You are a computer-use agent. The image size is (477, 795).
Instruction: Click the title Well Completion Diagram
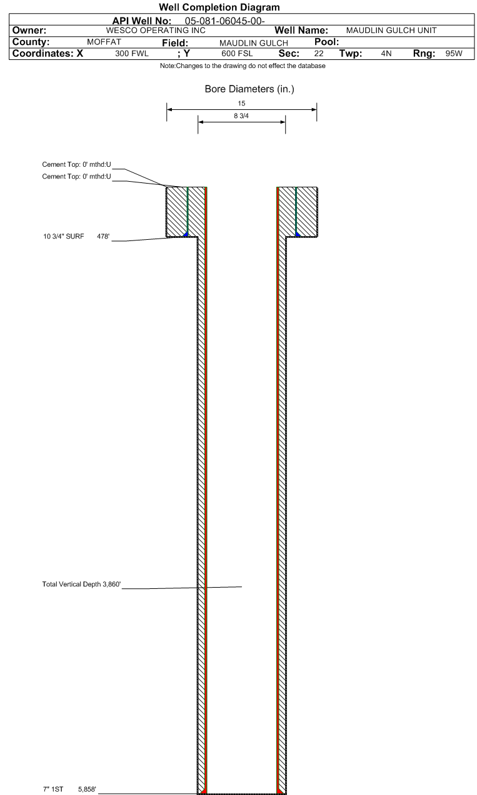pos(219,7)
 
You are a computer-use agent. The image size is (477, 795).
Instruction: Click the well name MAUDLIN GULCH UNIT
pos(391,31)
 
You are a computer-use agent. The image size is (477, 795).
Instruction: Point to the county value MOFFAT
pos(104,42)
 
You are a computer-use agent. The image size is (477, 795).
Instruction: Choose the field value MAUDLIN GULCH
pos(253,42)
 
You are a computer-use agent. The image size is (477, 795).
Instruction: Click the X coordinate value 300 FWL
pos(132,54)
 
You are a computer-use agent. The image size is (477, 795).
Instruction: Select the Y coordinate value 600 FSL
pos(236,54)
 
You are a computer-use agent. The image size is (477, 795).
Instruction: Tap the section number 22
pos(318,54)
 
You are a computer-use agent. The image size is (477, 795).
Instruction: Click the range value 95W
pos(453,54)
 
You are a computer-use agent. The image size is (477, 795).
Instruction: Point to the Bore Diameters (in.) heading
pos(249,89)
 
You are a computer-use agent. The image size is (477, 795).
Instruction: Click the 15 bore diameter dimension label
pos(241,103)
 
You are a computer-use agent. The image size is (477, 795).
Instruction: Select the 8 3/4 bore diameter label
pos(241,116)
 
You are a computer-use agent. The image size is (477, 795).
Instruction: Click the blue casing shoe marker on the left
pos(185,234)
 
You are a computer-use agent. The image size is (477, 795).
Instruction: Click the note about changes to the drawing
pos(243,66)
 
